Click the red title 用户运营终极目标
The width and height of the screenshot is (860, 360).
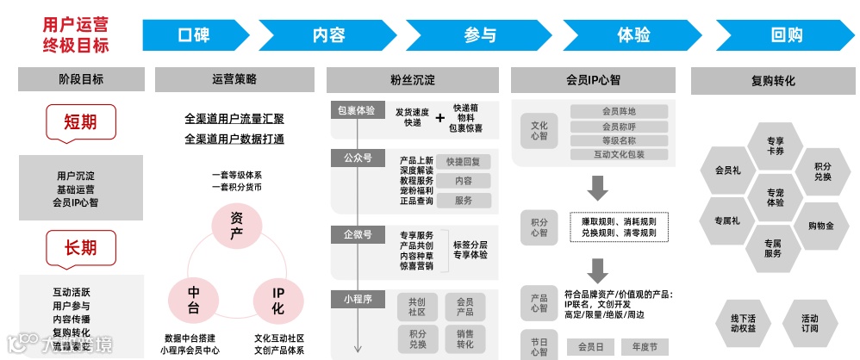[x=76, y=34]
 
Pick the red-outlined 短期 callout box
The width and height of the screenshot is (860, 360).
[x=80, y=122]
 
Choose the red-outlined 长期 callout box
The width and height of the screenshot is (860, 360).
[x=80, y=248]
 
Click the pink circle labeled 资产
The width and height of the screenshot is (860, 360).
[x=236, y=227]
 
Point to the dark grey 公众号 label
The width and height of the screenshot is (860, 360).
[x=357, y=158]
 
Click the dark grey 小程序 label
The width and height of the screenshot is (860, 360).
[x=357, y=299]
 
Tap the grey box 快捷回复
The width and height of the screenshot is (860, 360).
[x=464, y=162]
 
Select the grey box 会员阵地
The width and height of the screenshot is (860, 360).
[x=619, y=111]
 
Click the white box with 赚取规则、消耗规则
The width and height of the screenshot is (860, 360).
[x=618, y=227]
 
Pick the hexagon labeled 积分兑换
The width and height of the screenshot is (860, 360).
[x=821, y=171]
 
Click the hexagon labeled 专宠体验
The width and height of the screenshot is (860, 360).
[x=775, y=196]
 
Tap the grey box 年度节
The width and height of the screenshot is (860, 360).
[x=644, y=347]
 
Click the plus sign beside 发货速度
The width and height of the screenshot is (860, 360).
[x=440, y=116]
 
